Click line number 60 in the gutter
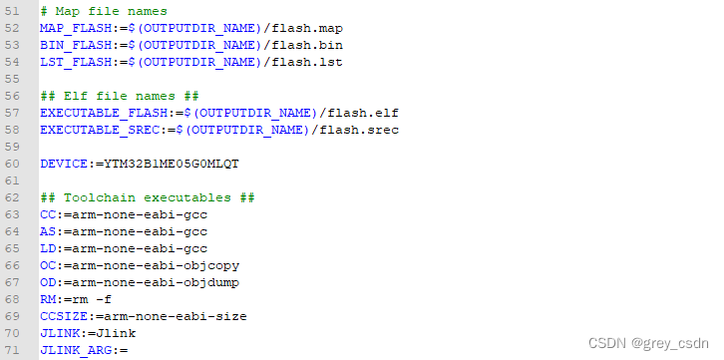click(x=13, y=164)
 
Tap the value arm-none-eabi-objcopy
click(x=152, y=265)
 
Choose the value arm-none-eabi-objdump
click(x=152, y=282)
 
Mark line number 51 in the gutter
click(x=13, y=11)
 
